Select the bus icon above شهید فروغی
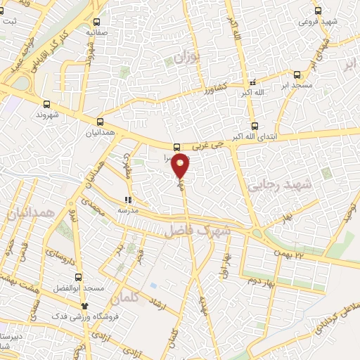(x=318, y=11)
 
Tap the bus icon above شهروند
(x=47, y=103)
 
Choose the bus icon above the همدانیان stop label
(x=100, y=122)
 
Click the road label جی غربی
(x=213, y=144)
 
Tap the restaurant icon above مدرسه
(x=127, y=200)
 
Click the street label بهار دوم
(x=260, y=282)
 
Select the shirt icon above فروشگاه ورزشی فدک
(x=85, y=307)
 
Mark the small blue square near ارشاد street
(x=153, y=285)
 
